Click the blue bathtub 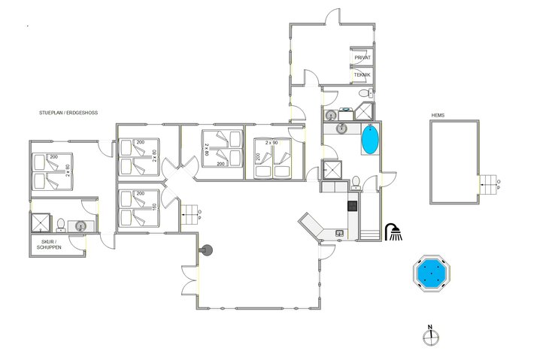(x=370, y=140)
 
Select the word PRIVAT (x=362, y=57)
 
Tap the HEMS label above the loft (x=438, y=115)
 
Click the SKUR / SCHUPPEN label (x=47, y=244)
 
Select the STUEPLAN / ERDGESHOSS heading (x=69, y=112)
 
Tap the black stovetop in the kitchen (x=351, y=204)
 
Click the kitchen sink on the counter (x=339, y=234)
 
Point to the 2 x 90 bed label (x=272, y=141)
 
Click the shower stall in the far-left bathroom (x=39, y=223)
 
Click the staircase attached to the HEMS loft (x=490, y=183)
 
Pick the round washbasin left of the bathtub (x=341, y=129)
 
